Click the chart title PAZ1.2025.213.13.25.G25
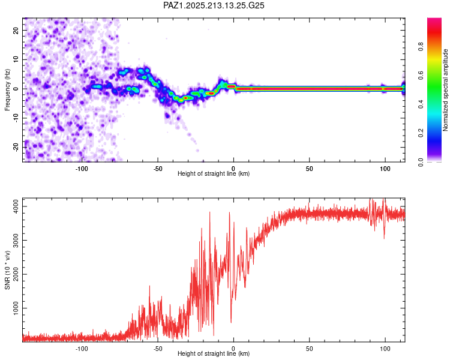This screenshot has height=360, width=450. coord(214,5)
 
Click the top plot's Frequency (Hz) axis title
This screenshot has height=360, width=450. coord(7,90)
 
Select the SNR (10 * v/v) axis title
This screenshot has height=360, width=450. coord(7,270)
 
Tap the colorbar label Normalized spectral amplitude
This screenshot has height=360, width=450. coord(445,90)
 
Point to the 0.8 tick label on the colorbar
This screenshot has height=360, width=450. coord(421,46)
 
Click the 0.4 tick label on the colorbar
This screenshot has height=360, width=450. coord(421,104)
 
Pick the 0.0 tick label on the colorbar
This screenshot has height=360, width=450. coord(421,162)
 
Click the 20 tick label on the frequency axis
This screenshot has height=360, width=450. coord(16,30)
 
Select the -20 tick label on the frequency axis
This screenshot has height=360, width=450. coord(16,147)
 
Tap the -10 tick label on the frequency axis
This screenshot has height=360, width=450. coord(16,118)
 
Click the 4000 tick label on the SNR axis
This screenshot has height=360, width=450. coord(16,206)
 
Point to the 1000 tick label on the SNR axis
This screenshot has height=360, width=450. coord(16,308)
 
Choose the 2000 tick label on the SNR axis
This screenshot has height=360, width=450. coord(16,274)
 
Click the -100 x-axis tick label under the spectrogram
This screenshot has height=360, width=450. coord(82,169)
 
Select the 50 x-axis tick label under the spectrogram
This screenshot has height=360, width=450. coord(309,169)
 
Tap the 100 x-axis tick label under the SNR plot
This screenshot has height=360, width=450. coord(385,349)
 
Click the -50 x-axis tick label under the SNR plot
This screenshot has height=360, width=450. coord(158,349)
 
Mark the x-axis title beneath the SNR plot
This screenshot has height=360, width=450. coord(214,353)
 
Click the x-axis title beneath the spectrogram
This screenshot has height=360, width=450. coord(214,173)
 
